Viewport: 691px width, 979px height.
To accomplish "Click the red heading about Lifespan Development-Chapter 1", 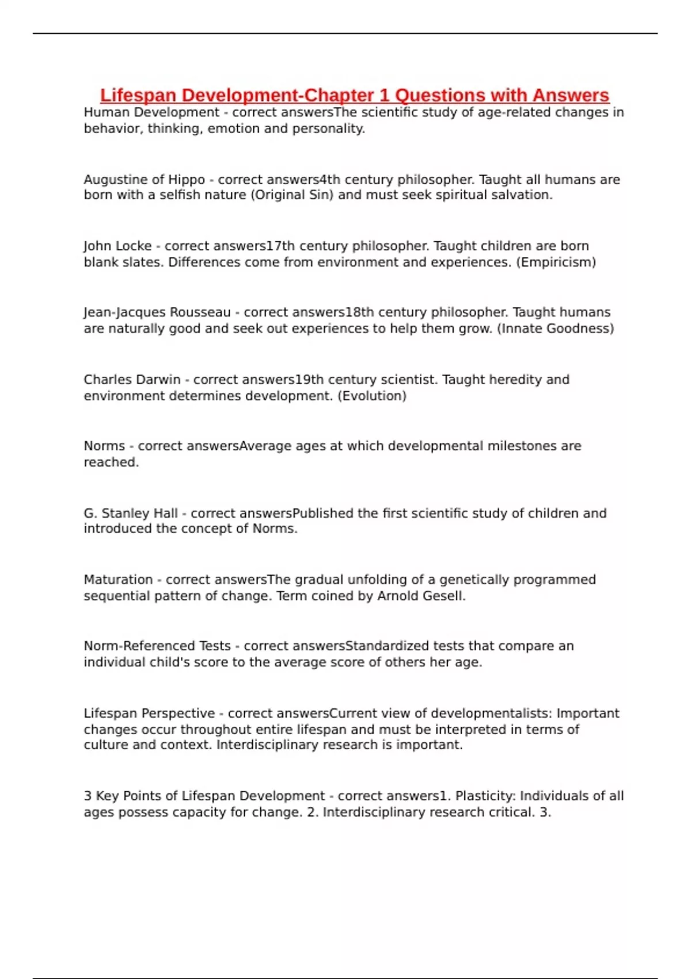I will [x=354, y=95].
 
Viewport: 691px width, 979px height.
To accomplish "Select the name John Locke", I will [x=117, y=246].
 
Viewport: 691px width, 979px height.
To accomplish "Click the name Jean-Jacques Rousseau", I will [x=157, y=312].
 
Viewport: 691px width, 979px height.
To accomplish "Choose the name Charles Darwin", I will [x=132, y=380].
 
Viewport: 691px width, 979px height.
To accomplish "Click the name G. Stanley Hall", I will [x=131, y=513].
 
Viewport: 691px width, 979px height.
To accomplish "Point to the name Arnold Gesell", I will [x=420, y=596].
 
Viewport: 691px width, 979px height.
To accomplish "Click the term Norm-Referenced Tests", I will [x=157, y=646].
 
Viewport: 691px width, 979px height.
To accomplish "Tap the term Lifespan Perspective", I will [x=149, y=714].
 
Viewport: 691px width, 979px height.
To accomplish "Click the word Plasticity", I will [x=484, y=796].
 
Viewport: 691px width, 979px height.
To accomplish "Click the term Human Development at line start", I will [x=151, y=112].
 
